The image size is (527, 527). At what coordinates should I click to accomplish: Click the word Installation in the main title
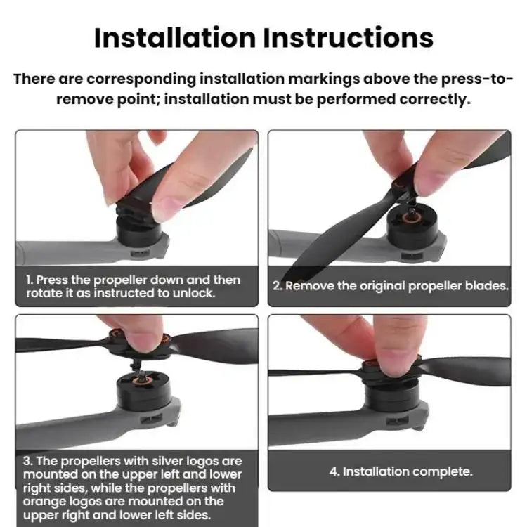click(x=175, y=37)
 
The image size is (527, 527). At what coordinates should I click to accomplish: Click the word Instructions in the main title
click(x=349, y=37)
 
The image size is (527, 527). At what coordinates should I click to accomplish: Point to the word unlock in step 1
click(x=194, y=294)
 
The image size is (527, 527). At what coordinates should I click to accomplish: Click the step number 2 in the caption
click(x=278, y=286)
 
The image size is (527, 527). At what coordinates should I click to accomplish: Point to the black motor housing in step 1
click(x=138, y=231)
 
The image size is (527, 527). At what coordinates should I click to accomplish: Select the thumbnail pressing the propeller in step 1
click(x=167, y=206)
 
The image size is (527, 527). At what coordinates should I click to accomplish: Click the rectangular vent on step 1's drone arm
click(x=140, y=254)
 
